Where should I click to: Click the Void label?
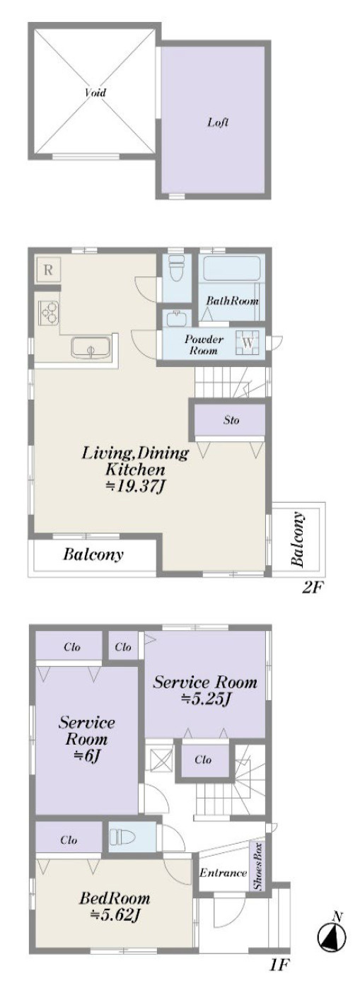click(x=95, y=93)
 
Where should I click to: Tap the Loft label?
click(x=218, y=122)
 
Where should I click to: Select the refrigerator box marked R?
click(x=48, y=269)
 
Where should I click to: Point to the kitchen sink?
click(x=91, y=348)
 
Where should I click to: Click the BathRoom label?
click(x=232, y=301)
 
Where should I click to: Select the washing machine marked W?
click(x=248, y=342)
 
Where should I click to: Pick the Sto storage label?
click(x=231, y=420)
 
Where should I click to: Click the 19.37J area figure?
click(x=137, y=486)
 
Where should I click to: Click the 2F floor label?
click(x=313, y=587)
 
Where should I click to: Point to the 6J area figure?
click(x=86, y=755)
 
